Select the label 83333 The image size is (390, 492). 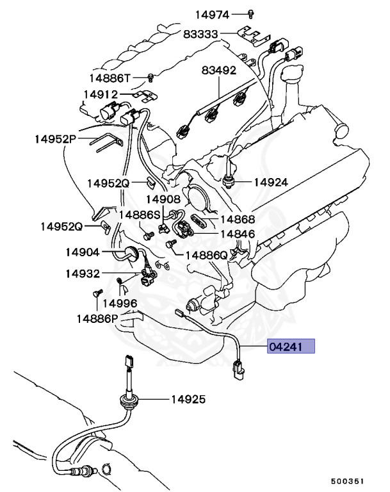pyautogui.click(x=201, y=34)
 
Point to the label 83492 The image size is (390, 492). pyautogui.click(x=219, y=70)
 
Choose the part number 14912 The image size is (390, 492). pyautogui.click(x=101, y=94)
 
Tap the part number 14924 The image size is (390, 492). pyautogui.click(x=271, y=182)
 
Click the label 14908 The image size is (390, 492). pyautogui.click(x=163, y=200)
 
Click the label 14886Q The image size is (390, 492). pyautogui.click(x=206, y=255)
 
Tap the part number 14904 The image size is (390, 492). pyautogui.click(x=83, y=252)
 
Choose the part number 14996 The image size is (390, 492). pyautogui.click(x=120, y=302)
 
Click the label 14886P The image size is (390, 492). pyautogui.click(x=98, y=318)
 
